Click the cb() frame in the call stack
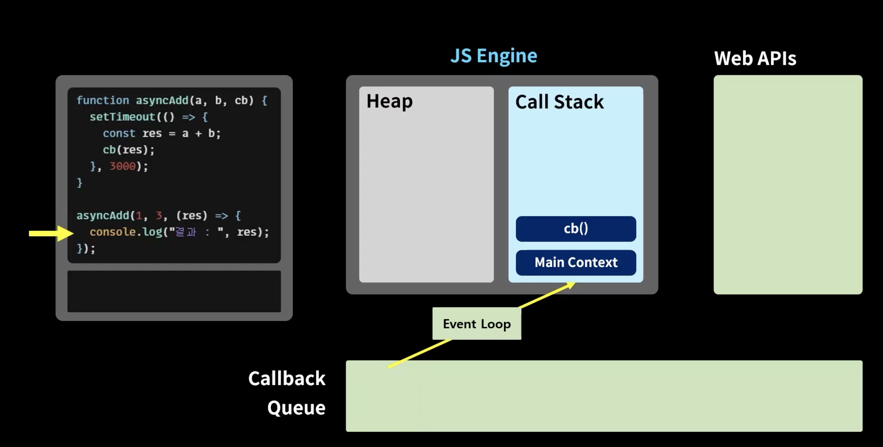click(x=576, y=229)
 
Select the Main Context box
click(x=576, y=263)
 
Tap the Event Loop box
click(x=477, y=324)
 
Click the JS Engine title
click(x=494, y=56)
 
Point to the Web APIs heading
click(x=755, y=58)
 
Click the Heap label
click(x=389, y=101)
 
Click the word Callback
click(x=286, y=379)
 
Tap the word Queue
click(x=296, y=408)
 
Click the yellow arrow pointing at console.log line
click(x=51, y=234)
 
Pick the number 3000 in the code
click(x=123, y=166)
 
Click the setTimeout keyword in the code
click(x=123, y=117)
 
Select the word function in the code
click(x=103, y=100)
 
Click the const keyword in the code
click(x=119, y=133)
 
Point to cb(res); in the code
click(x=129, y=150)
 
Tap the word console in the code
click(x=112, y=232)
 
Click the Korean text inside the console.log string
click(x=185, y=232)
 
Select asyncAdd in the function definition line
click(x=162, y=100)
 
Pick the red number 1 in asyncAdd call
click(x=139, y=216)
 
